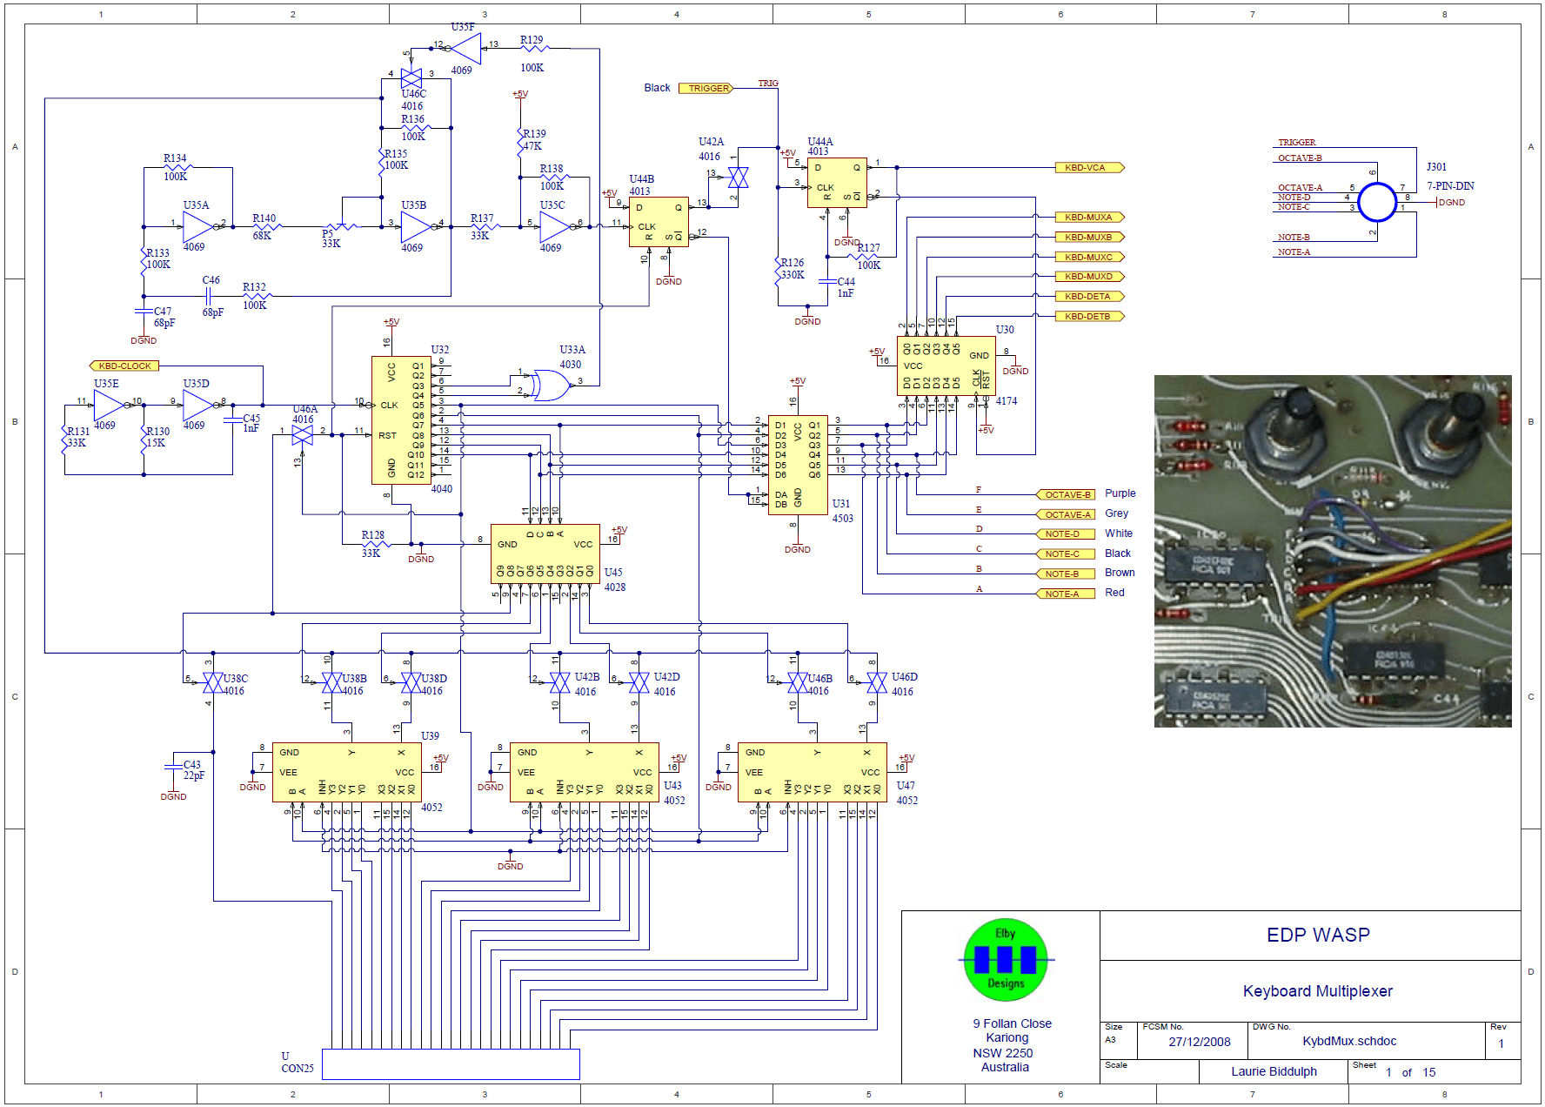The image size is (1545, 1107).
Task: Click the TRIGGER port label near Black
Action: [706, 88]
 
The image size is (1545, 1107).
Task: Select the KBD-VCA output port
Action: [1088, 167]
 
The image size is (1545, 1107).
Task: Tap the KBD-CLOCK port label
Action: [124, 366]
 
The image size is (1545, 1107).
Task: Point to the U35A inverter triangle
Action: [197, 226]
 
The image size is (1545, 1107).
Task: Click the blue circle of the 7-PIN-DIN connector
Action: [1377, 203]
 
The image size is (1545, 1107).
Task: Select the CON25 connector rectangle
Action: [451, 1063]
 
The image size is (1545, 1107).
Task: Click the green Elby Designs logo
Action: [1006, 960]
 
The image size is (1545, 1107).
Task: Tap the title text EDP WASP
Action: [1317, 935]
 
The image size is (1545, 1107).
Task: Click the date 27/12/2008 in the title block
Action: [1199, 1042]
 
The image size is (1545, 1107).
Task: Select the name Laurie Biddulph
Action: [1273, 1071]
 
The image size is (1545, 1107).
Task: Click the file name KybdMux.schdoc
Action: [1348, 1041]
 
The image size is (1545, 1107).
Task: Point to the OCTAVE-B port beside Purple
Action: [1066, 494]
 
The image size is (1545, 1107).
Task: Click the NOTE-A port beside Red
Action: [1064, 594]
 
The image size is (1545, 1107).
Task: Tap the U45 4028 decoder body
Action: [545, 553]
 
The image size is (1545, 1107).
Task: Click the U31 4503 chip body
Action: [798, 464]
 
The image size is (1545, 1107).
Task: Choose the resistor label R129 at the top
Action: [531, 40]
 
